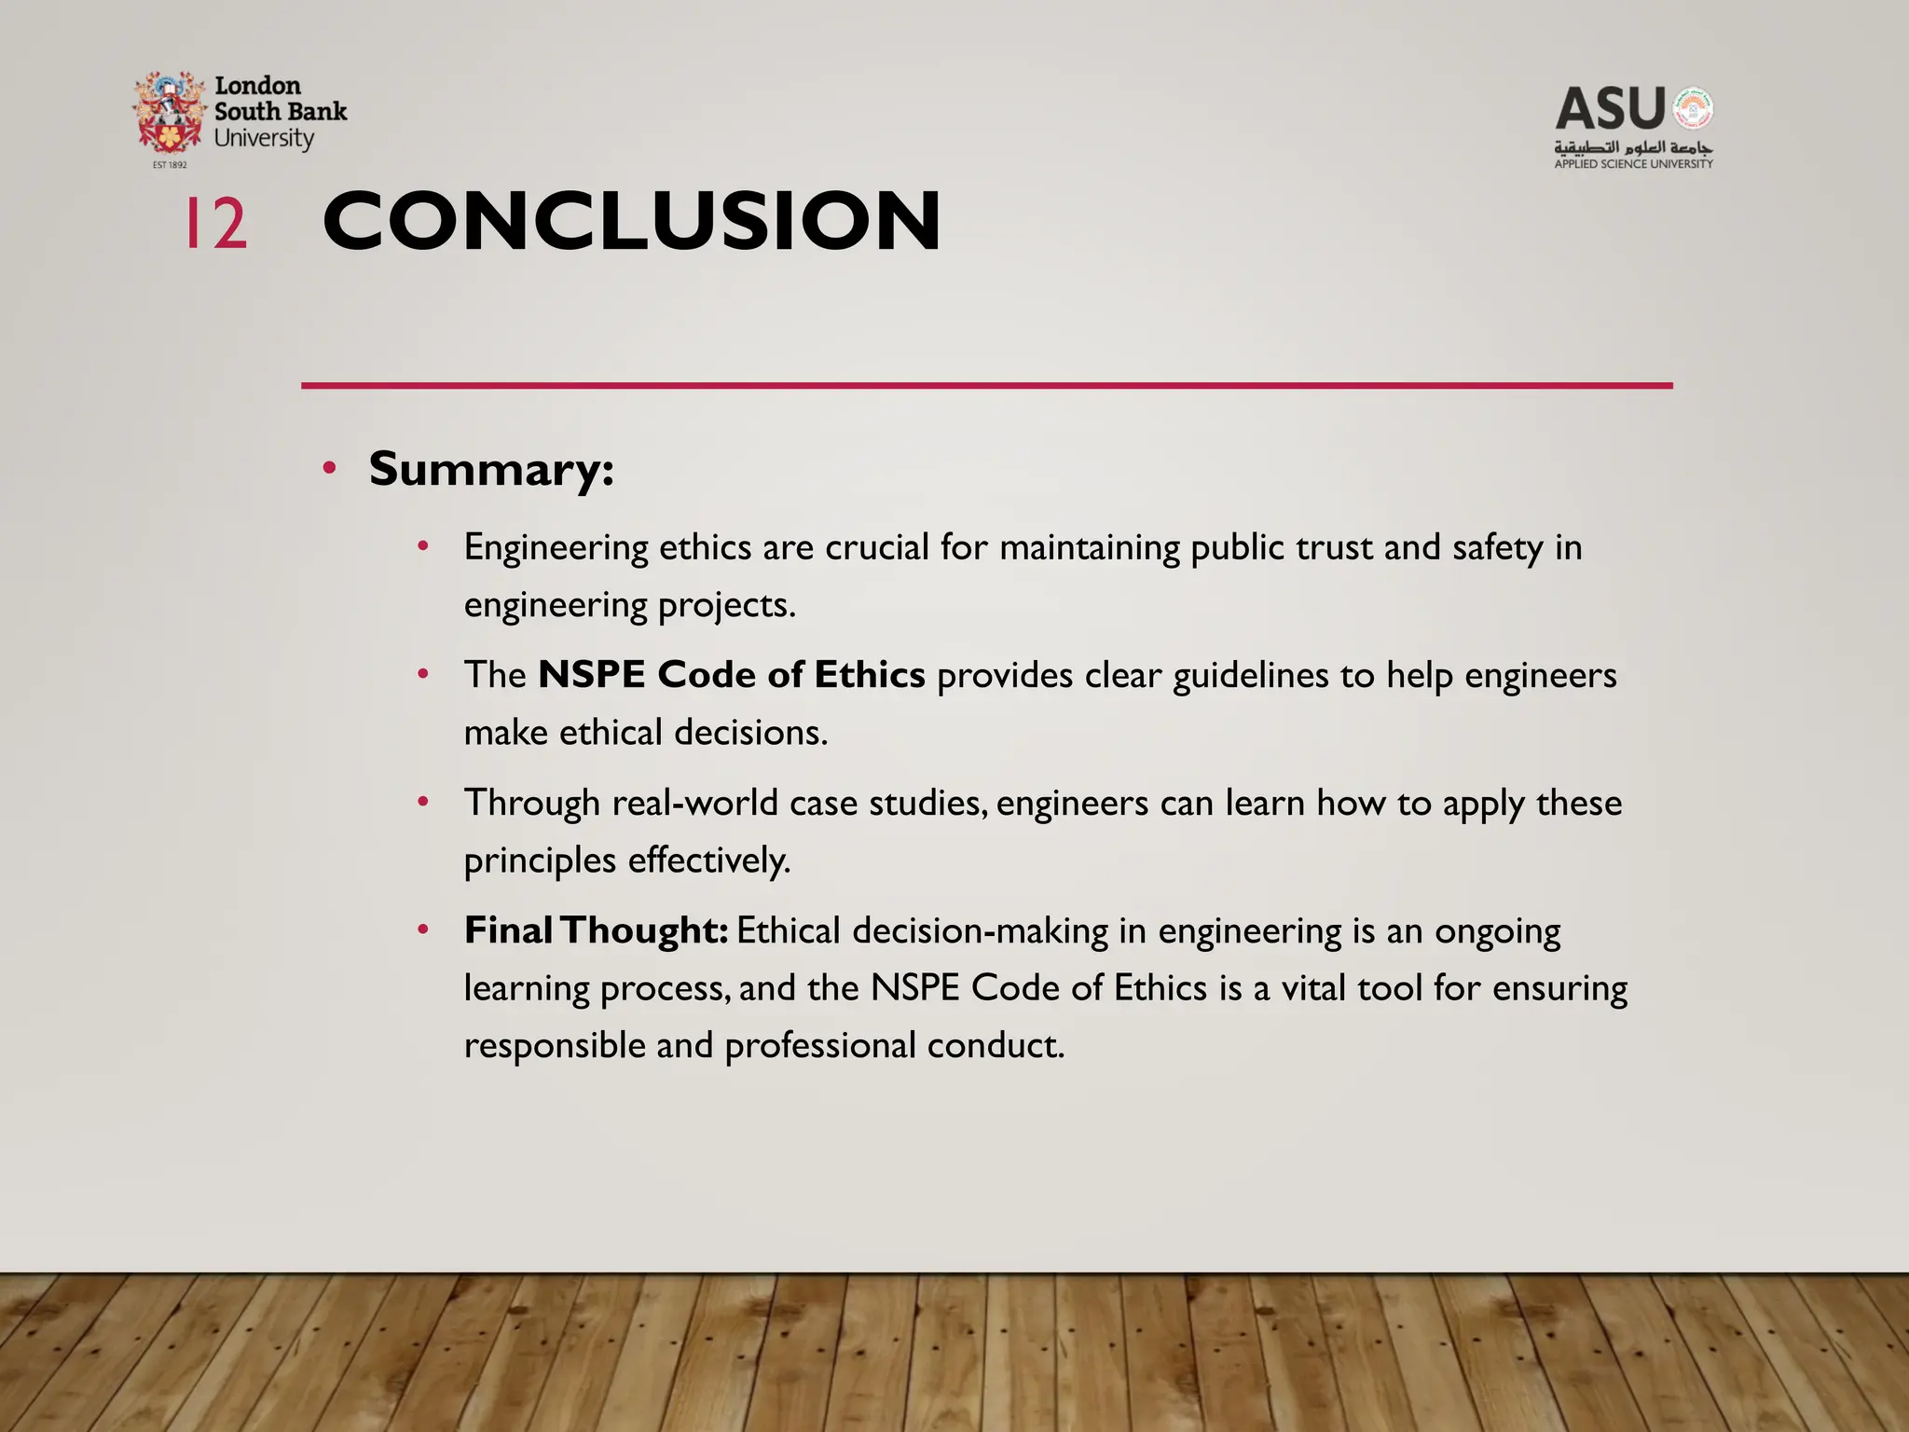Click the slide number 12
pos(215,224)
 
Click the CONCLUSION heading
pos(631,222)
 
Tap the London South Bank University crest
pos(169,113)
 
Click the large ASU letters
pos(1610,109)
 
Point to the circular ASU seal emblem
pos(1692,109)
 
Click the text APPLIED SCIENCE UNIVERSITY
pos(1633,164)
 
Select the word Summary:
pos(491,469)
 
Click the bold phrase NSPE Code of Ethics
pos(732,674)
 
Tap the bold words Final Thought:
pos(596,930)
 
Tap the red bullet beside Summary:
pos(329,468)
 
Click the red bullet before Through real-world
pos(423,802)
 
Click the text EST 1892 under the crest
pos(170,165)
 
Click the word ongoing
pos(1497,931)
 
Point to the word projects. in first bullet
pos(727,606)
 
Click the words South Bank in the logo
pos(280,112)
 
